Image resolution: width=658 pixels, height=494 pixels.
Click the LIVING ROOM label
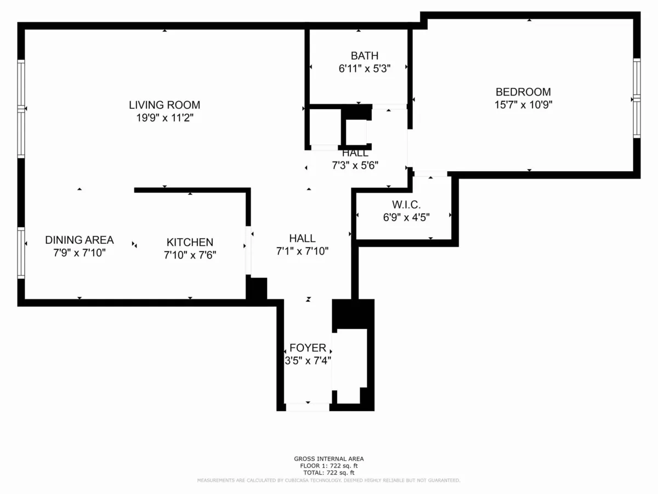coord(164,104)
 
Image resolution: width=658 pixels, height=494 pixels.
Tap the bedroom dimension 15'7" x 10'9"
coord(523,105)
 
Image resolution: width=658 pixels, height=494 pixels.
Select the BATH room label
coord(365,55)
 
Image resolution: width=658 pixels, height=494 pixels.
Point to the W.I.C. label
coord(406,205)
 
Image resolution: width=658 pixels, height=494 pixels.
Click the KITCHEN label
coord(190,242)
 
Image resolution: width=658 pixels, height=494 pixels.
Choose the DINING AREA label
coord(80,240)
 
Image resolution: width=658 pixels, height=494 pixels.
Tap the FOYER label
coord(308,348)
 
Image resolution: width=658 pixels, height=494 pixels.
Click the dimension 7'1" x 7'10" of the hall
coord(302,251)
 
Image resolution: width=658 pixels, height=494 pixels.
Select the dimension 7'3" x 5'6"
coord(355,164)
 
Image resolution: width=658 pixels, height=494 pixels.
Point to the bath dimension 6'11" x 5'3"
coord(365,69)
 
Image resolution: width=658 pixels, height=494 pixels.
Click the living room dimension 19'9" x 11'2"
coord(164,117)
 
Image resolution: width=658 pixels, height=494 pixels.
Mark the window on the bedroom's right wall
coord(637,98)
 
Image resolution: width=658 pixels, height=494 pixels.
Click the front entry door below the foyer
coord(308,407)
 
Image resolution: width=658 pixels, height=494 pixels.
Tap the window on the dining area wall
coord(21,252)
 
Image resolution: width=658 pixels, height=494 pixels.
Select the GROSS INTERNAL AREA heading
coord(329,459)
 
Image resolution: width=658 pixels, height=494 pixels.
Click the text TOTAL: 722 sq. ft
coord(329,473)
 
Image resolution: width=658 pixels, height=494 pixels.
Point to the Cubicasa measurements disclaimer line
coord(329,480)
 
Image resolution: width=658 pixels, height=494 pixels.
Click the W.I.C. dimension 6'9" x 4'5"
coord(406,217)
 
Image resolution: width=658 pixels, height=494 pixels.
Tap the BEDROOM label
coord(523,92)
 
